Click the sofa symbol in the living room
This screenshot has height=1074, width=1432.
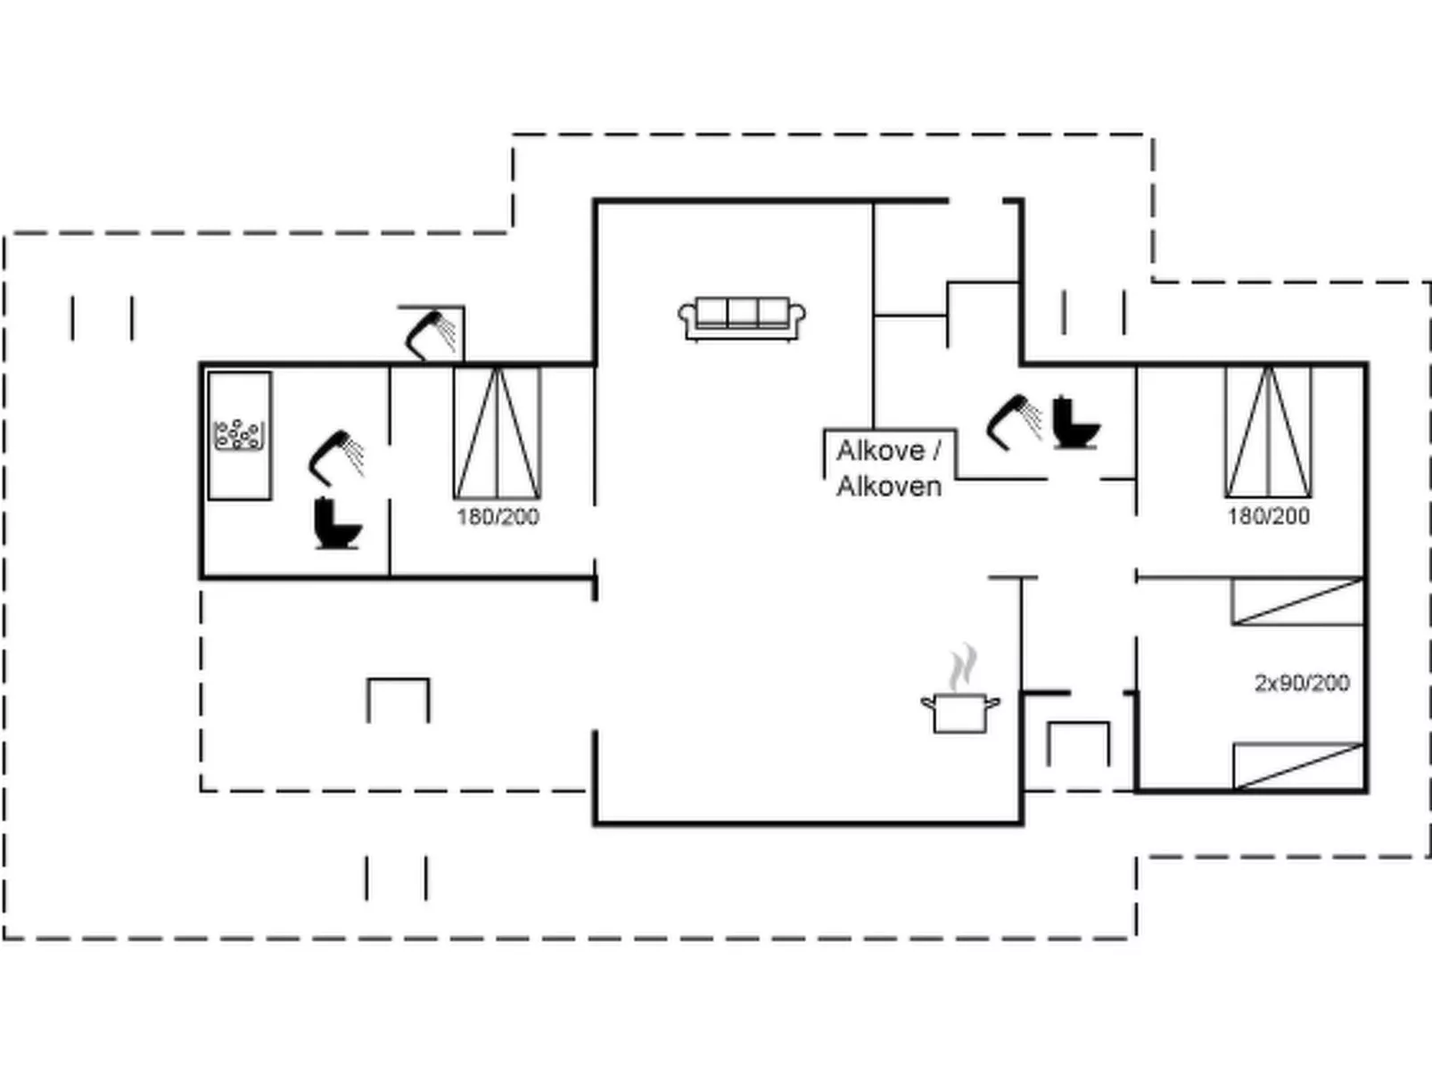[x=742, y=318]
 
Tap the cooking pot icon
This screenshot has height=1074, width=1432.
[x=959, y=713]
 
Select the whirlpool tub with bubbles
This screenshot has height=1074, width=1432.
[x=239, y=435]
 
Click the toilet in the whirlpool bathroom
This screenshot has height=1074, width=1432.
[x=337, y=523]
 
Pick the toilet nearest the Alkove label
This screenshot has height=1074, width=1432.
[x=1075, y=423]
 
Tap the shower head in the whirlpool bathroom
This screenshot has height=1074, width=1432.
[x=335, y=456]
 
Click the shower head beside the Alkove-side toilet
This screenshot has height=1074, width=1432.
[x=1014, y=421]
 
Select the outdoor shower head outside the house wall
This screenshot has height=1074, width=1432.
[x=431, y=333]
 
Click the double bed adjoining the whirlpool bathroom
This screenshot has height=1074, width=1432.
[x=497, y=433]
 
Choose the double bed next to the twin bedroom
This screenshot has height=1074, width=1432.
[x=1267, y=432]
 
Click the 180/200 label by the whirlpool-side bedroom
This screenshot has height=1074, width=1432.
[x=498, y=517]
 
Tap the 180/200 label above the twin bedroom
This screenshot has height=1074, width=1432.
[x=1268, y=516]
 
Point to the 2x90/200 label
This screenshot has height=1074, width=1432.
[x=1302, y=683]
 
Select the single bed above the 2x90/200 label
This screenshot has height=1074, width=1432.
[x=1297, y=602]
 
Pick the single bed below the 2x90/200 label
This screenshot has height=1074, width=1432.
[x=1298, y=766]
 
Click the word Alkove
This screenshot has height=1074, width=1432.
[x=880, y=451]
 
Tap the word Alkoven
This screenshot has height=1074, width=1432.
[x=889, y=487]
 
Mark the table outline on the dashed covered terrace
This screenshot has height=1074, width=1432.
[x=399, y=700]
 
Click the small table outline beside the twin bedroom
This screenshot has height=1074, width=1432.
[x=1078, y=742]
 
